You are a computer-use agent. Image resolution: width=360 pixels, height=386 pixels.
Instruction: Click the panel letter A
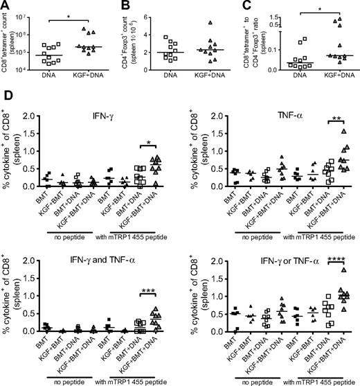coord(6,6)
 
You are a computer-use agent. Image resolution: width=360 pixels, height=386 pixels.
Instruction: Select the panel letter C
coord(244,6)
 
